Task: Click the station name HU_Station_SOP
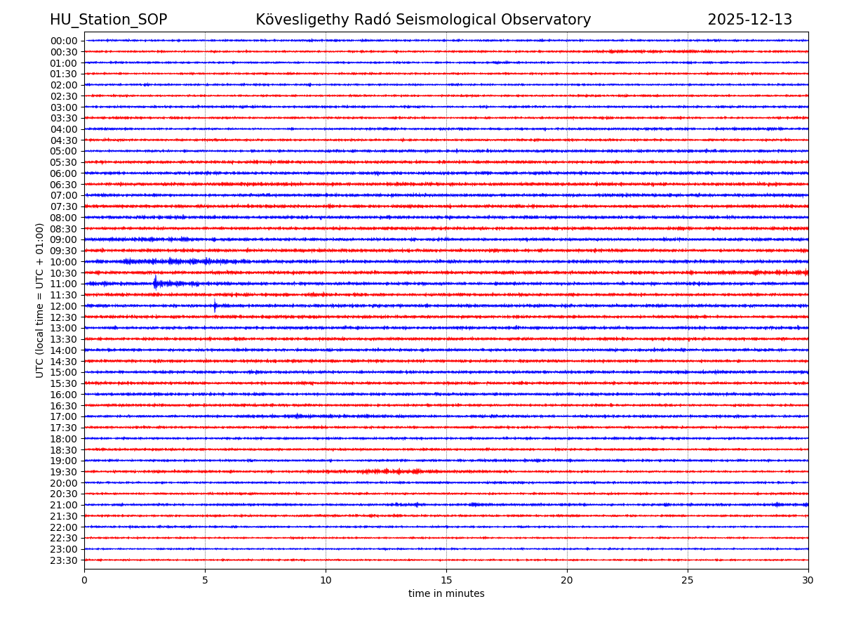point(108,20)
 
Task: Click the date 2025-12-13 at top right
point(749,20)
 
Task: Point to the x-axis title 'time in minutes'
point(446,594)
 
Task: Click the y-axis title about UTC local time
point(40,300)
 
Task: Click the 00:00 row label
point(64,41)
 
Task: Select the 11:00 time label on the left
point(64,284)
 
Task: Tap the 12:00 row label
point(64,306)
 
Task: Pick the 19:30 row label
point(64,472)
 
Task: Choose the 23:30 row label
point(64,560)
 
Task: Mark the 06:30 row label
point(64,185)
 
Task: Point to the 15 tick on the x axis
point(446,581)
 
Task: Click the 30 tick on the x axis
point(808,581)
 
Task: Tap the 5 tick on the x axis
point(205,581)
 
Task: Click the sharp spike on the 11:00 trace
point(155,283)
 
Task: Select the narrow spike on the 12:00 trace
point(215,305)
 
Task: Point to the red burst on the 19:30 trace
point(390,471)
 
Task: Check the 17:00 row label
point(64,416)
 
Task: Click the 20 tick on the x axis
point(567,581)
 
